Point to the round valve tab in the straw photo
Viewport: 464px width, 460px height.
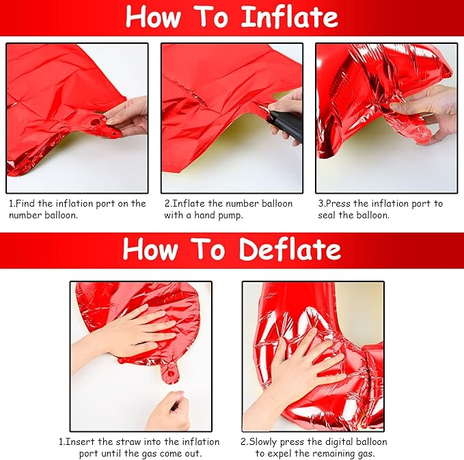pyautogui.click(x=169, y=372)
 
